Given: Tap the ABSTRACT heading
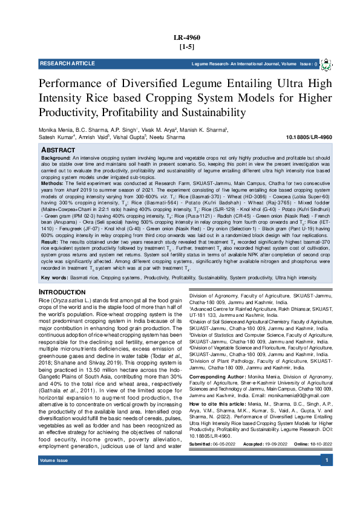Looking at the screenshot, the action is point(59,149).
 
